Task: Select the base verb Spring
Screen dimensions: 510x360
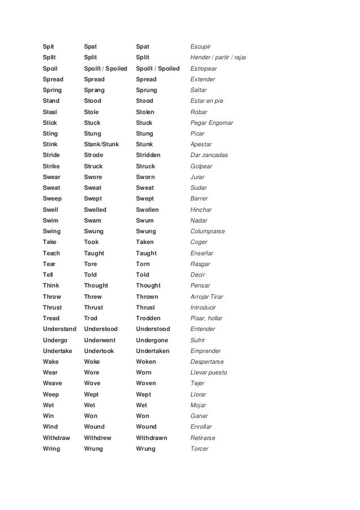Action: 52,90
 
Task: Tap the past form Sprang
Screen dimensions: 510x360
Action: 95,90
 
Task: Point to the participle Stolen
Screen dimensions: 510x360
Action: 145,112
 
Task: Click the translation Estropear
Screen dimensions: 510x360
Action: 203,68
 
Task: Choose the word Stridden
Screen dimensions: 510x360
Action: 148,155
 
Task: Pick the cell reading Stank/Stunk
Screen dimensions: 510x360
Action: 102,144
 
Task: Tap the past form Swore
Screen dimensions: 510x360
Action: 93,177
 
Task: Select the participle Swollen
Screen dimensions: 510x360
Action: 148,210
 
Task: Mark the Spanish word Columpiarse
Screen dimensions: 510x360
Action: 208,231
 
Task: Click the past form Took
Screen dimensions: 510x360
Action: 91,242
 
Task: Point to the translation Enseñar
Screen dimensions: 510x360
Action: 202,253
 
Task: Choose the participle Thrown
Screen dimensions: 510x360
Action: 147,297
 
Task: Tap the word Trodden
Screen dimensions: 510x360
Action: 148,318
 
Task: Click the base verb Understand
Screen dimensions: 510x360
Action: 60,329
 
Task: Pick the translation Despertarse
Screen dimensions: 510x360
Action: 208,361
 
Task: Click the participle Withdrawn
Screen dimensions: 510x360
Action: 152,438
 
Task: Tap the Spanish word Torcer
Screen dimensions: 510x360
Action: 200,448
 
